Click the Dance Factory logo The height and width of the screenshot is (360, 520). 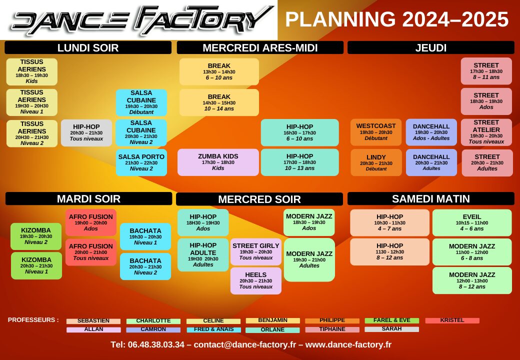[x=142, y=20]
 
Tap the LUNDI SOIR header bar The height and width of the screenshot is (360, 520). [x=88, y=47]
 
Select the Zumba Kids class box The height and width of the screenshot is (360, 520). [x=218, y=162]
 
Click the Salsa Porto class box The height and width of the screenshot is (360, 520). [x=141, y=162]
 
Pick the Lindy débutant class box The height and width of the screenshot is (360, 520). [x=376, y=162]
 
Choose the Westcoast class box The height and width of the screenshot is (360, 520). [x=375, y=132]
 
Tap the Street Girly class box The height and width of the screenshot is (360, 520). [x=255, y=251]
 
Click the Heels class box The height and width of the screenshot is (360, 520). [x=255, y=281]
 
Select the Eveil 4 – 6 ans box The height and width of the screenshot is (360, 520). [x=472, y=223]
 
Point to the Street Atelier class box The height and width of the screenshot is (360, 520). [x=486, y=132]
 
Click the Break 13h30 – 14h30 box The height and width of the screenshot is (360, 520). [x=219, y=71]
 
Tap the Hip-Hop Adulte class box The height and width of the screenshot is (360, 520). [x=203, y=254]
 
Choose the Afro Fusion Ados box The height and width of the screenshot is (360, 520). [x=91, y=222]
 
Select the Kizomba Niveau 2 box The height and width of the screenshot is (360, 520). [x=36, y=236]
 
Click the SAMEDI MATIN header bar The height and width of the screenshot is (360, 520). [x=431, y=198]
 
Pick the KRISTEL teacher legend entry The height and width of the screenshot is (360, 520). [x=452, y=320]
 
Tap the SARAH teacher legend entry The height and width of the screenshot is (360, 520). [x=391, y=329]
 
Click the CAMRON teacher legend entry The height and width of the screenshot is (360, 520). [x=153, y=329]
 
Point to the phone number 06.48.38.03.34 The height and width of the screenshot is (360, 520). [x=156, y=345]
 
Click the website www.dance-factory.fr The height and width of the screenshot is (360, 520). [x=348, y=345]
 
